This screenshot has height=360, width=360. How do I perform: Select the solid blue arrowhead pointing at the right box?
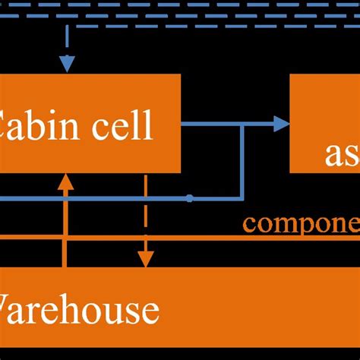(x=282, y=124)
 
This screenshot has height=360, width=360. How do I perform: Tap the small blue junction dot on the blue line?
(x=189, y=198)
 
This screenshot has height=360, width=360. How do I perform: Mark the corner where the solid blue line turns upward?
(x=242, y=198)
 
